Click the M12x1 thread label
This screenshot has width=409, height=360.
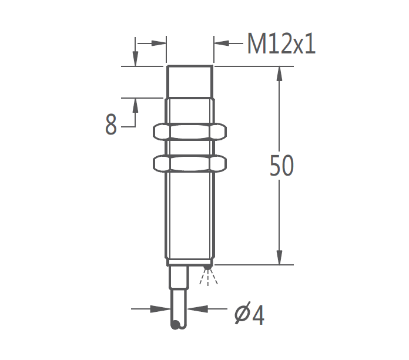click(x=281, y=43)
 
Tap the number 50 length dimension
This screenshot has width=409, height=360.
click(x=281, y=166)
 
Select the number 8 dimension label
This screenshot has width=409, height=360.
click(x=111, y=125)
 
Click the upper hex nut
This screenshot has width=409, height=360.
click(x=190, y=132)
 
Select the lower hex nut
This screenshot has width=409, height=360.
click(x=190, y=163)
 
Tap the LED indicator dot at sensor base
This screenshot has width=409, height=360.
click(x=207, y=267)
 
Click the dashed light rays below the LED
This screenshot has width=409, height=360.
click(x=208, y=278)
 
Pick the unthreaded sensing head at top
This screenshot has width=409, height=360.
click(x=190, y=82)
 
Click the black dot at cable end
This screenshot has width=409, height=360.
click(x=175, y=325)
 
